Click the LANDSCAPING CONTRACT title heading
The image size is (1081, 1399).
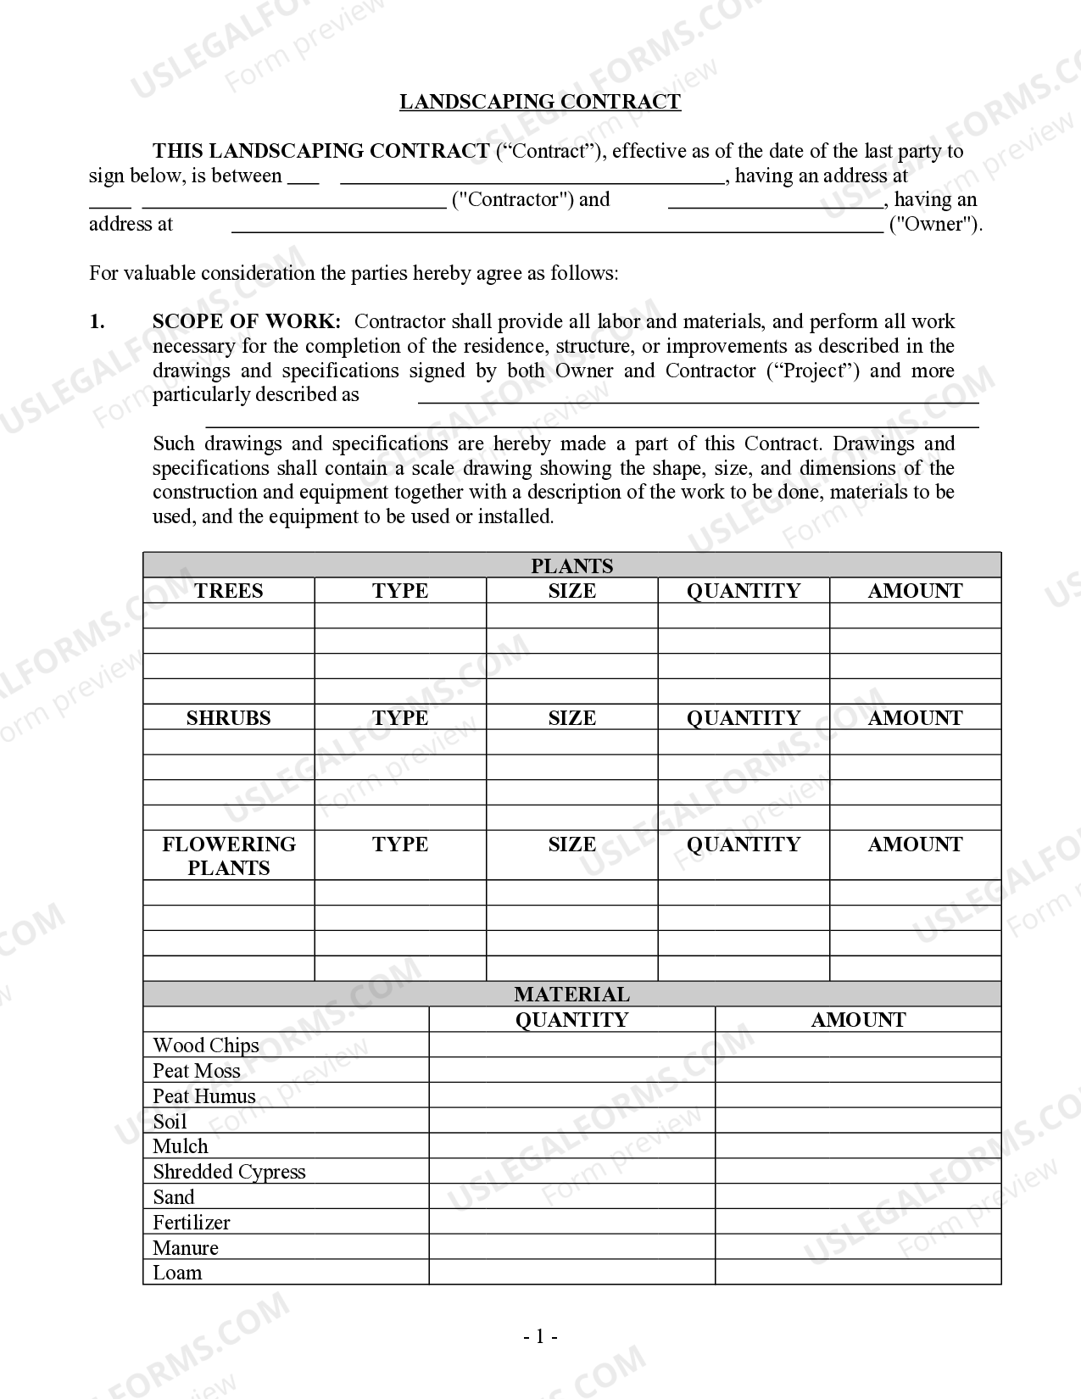tap(540, 102)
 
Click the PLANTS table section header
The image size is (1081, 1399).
tap(571, 566)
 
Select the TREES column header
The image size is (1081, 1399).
tap(228, 591)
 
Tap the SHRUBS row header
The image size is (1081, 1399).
tap(228, 718)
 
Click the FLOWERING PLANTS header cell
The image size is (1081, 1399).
tap(228, 856)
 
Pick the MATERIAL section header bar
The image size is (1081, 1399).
tap(571, 995)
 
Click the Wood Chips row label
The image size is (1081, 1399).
tap(206, 1045)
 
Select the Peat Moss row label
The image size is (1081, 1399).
tap(197, 1071)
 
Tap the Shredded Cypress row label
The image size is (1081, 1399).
tap(229, 1172)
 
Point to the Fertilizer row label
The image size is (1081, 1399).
tap(192, 1223)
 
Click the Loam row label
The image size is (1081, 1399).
tap(177, 1273)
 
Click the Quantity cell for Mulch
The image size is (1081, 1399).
tap(571, 1146)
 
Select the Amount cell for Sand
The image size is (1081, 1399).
tap(857, 1197)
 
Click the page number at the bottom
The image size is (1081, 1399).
tap(540, 1337)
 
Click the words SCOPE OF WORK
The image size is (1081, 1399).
tap(247, 321)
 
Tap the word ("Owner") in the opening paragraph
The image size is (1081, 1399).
tap(934, 225)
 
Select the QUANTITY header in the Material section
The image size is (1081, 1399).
tap(571, 1020)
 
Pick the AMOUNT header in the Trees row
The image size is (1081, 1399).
tap(915, 591)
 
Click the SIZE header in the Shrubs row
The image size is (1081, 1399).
tap(571, 718)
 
